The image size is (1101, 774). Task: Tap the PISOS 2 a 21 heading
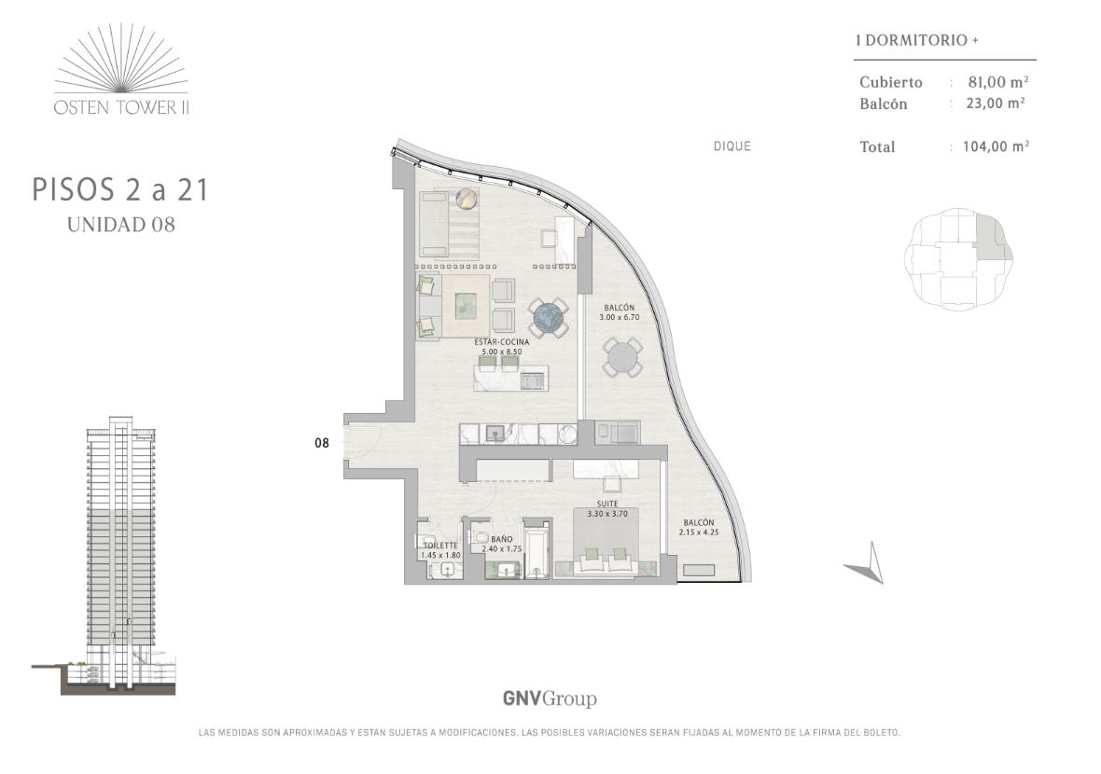[120, 190]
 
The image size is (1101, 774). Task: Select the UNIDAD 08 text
[120, 225]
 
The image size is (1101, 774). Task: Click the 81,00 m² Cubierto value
[998, 81]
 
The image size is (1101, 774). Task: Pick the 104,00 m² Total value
[996, 146]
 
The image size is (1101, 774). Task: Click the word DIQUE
[732, 146]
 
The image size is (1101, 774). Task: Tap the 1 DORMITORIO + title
[917, 40]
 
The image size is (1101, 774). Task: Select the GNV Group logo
[550, 698]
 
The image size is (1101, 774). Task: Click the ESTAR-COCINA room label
[501, 341]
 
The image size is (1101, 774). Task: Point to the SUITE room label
[607, 504]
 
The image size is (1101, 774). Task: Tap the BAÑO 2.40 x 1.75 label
[501, 545]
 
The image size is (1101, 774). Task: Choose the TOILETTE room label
[440, 546]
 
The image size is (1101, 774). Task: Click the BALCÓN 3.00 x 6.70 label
[620, 312]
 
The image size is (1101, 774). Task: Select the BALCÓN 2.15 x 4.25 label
[699, 527]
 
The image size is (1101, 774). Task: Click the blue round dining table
[549, 318]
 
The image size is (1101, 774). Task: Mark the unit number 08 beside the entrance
[322, 443]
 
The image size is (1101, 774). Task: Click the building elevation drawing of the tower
[105, 554]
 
